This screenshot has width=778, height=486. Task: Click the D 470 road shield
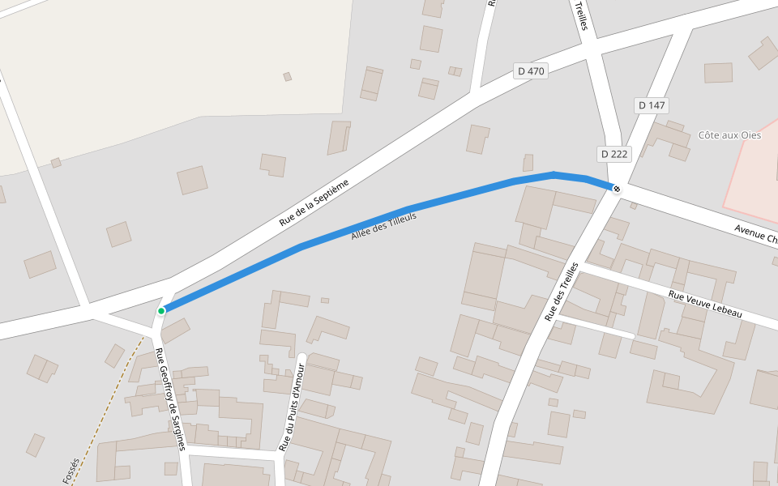(x=532, y=71)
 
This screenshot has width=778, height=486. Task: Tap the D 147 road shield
(x=652, y=105)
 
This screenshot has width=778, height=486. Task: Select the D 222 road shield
(x=614, y=154)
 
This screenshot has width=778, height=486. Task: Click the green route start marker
(x=161, y=310)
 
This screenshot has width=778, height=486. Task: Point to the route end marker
(x=617, y=189)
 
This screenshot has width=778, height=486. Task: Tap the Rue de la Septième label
(x=314, y=202)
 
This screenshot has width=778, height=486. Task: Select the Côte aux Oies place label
(x=729, y=135)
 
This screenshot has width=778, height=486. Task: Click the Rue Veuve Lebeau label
(x=705, y=304)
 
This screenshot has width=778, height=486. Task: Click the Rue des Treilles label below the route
(x=562, y=291)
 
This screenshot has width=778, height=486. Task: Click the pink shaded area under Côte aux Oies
(x=754, y=178)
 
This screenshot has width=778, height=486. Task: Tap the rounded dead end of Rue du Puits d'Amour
(x=301, y=357)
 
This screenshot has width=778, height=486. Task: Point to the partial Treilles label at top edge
(x=580, y=15)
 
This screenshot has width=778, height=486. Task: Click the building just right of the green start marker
(x=176, y=329)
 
